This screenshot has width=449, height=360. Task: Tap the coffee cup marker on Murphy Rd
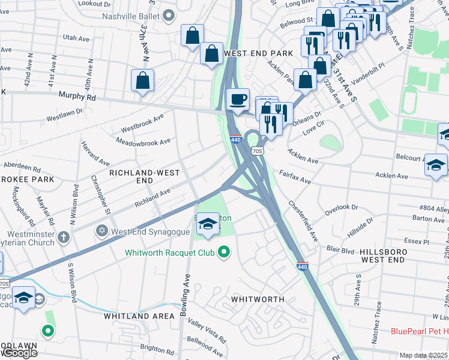pyautogui.click(x=238, y=100)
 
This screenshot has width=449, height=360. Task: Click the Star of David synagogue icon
pyautogui.click(x=102, y=231)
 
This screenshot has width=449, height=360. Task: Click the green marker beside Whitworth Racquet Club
pyautogui.click(x=224, y=253)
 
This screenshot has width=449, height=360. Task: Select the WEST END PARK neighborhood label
pyautogui.click(x=258, y=53)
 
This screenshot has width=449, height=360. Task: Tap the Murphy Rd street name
pyautogui.click(x=77, y=95)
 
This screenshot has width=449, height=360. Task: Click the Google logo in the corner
pyautogui.click(x=19, y=353)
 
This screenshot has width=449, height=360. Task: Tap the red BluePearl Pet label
pyautogui.click(x=419, y=331)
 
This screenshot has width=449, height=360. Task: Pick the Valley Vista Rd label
pyautogui.click(x=207, y=331)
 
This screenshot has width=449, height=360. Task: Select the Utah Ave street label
pyautogui.click(x=76, y=38)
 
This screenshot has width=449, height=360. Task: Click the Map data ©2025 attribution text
pyautogui.click(x=423, y=355)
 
